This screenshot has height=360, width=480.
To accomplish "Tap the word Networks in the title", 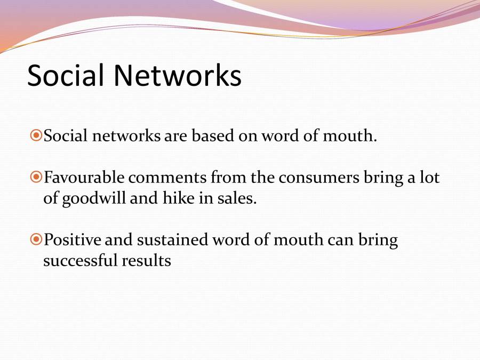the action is point(178,75).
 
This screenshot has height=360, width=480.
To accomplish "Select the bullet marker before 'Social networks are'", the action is point(36,135).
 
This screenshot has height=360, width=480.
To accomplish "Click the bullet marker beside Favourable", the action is point(36,177).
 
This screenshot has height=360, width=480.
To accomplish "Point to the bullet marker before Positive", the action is point(36,239).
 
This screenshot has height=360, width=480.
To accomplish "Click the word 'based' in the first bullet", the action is point(213,135).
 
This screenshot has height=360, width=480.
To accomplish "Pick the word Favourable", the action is point(84,177).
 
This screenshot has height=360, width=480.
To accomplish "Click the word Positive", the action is point(72,239).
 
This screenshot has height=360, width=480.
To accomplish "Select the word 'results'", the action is point(146,261).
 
